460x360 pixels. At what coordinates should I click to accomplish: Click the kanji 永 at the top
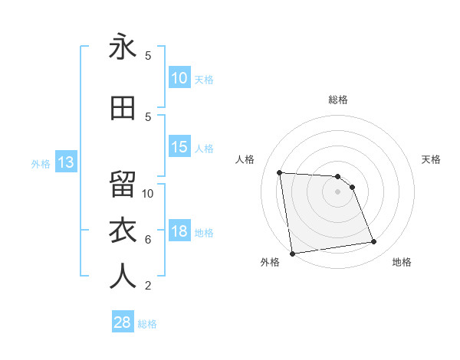(x=123, y=47)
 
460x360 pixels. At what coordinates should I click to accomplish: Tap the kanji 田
(x=123, y=108)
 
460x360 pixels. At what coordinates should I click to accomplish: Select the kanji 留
(x=123, y=185)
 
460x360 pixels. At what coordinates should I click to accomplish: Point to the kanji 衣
(x=123, y=231)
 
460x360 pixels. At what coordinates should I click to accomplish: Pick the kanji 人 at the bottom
(x=123, y=277)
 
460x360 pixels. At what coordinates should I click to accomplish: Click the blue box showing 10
(x=179, y=78)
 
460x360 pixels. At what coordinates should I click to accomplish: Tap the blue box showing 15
(x=179, y=147)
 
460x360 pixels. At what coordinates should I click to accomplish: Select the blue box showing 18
(x=179, y=231)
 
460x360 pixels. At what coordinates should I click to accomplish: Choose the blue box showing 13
(x=64, y=162)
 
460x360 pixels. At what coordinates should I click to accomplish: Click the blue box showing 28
(x=123, y=322)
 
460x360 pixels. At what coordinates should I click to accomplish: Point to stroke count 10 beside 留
(x=148, y=193)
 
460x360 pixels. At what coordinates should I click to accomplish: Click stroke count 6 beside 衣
(x=148, y=239)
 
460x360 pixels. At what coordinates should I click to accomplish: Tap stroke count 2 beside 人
(x=148, y=286)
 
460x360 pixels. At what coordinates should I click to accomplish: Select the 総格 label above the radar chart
(x=338, y=100)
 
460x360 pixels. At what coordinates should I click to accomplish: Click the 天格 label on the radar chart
(x=432, y=159)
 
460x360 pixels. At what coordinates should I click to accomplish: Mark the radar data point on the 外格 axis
(x=292, y=254)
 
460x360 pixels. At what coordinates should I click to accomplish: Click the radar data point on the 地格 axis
(x=374, y=242)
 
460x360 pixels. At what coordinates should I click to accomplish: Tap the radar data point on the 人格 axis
(x=280, y=172)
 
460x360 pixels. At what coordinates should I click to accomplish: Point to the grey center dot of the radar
(x=338, y=191)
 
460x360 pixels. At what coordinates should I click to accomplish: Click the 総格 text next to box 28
(x=147, y=324)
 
